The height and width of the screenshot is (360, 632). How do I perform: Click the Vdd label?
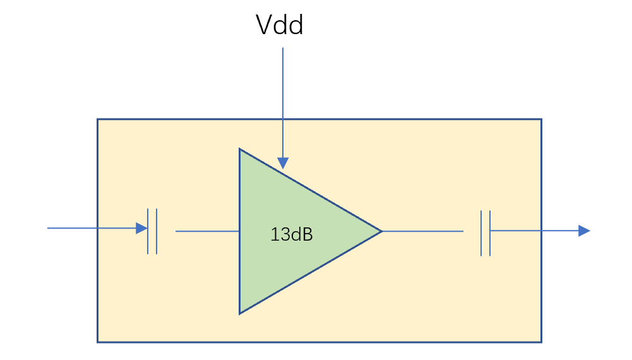tap(279, 25)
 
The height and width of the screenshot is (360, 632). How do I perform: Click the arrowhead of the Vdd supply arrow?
tap(283, 163)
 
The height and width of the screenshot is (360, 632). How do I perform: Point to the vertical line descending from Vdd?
tap(283, 103)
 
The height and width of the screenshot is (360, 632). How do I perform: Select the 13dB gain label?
tap(292, 234)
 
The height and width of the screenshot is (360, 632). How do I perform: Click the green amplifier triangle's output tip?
tap(381, 231)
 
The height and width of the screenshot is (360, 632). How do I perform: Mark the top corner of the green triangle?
tap(240, 149)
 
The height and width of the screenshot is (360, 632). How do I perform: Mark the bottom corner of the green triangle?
tap(240, 314)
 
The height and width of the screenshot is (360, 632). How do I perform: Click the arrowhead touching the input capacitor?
tap(141, 228)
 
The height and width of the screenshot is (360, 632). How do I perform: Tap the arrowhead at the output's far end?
tap(584, 231)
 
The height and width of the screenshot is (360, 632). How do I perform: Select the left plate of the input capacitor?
tap(148, 231)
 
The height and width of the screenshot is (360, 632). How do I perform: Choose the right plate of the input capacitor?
tap(157, 231)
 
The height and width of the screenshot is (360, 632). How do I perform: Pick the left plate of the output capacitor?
tap(481, 233)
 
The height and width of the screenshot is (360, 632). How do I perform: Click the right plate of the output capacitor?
tap(490, 233)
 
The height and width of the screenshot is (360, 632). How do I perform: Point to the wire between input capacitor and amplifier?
tap(208, 231)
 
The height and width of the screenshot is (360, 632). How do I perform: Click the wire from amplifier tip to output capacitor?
tap(422, 231)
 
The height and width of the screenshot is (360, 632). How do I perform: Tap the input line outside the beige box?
tap(73, 228)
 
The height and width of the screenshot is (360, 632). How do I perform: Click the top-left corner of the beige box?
tap(97, 119)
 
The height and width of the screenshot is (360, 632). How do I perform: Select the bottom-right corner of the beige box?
tap(541, 342)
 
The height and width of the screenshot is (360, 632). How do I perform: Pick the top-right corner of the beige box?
tap(541, 119)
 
